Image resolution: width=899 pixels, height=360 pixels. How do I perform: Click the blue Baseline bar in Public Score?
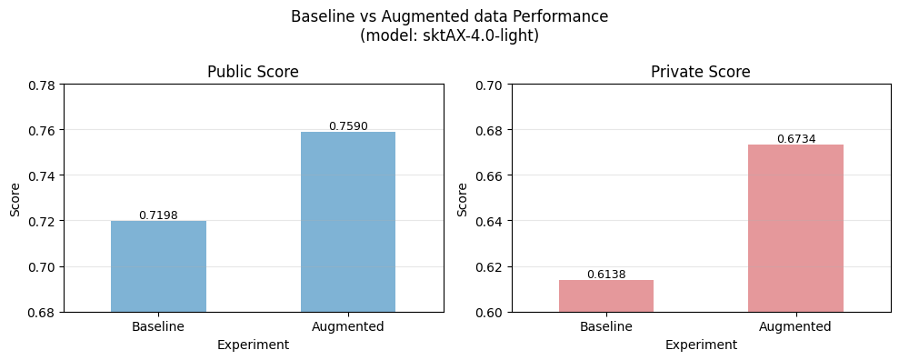click(x=158, y=266)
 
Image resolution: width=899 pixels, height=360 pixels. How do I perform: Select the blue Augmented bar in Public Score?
click(x=348, y=222)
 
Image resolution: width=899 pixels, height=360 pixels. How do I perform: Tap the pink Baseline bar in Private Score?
click(x=605, y=295)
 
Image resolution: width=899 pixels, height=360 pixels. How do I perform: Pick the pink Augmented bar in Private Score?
click(x=795, y=228)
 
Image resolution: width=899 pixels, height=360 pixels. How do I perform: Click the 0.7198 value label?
click(x=158, y=215)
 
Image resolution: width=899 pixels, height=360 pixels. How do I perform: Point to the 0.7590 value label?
click(x=348, y=126)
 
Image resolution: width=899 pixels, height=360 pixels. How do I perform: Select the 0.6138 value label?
click(x=605, y=275)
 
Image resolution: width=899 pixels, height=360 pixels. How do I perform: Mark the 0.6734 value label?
click(x=795, y=139)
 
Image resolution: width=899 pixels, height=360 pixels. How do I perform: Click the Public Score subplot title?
click(x=253, y=72)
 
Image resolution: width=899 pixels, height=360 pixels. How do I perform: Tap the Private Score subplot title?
click(x=700, y=72)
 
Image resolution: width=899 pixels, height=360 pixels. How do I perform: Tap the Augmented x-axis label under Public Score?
click(x=348, y=326)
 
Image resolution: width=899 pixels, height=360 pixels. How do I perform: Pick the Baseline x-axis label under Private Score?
click(x=605, y=326)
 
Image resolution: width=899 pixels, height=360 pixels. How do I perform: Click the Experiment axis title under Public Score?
click(x=253, y=345)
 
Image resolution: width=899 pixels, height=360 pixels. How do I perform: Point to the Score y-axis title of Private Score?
click(x=462, y=198)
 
